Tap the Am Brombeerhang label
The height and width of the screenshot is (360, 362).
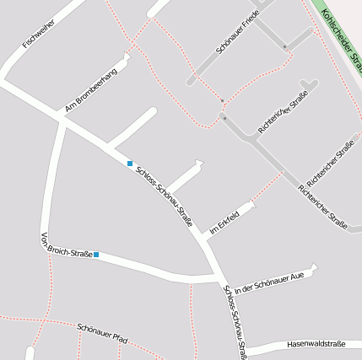(91, 89)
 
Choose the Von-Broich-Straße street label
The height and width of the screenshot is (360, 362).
(67, 245)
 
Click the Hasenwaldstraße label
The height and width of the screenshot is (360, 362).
(316, 344)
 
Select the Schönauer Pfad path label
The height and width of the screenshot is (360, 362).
(101, 332)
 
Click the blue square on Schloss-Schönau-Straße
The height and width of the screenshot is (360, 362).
(130, 163)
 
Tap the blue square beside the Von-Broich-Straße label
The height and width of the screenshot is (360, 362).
(97, 255)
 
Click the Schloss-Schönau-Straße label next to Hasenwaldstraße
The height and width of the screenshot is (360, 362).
(235, 324)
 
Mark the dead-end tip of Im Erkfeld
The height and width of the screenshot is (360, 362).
(251, 204)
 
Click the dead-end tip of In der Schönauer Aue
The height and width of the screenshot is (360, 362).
(314, 268)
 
